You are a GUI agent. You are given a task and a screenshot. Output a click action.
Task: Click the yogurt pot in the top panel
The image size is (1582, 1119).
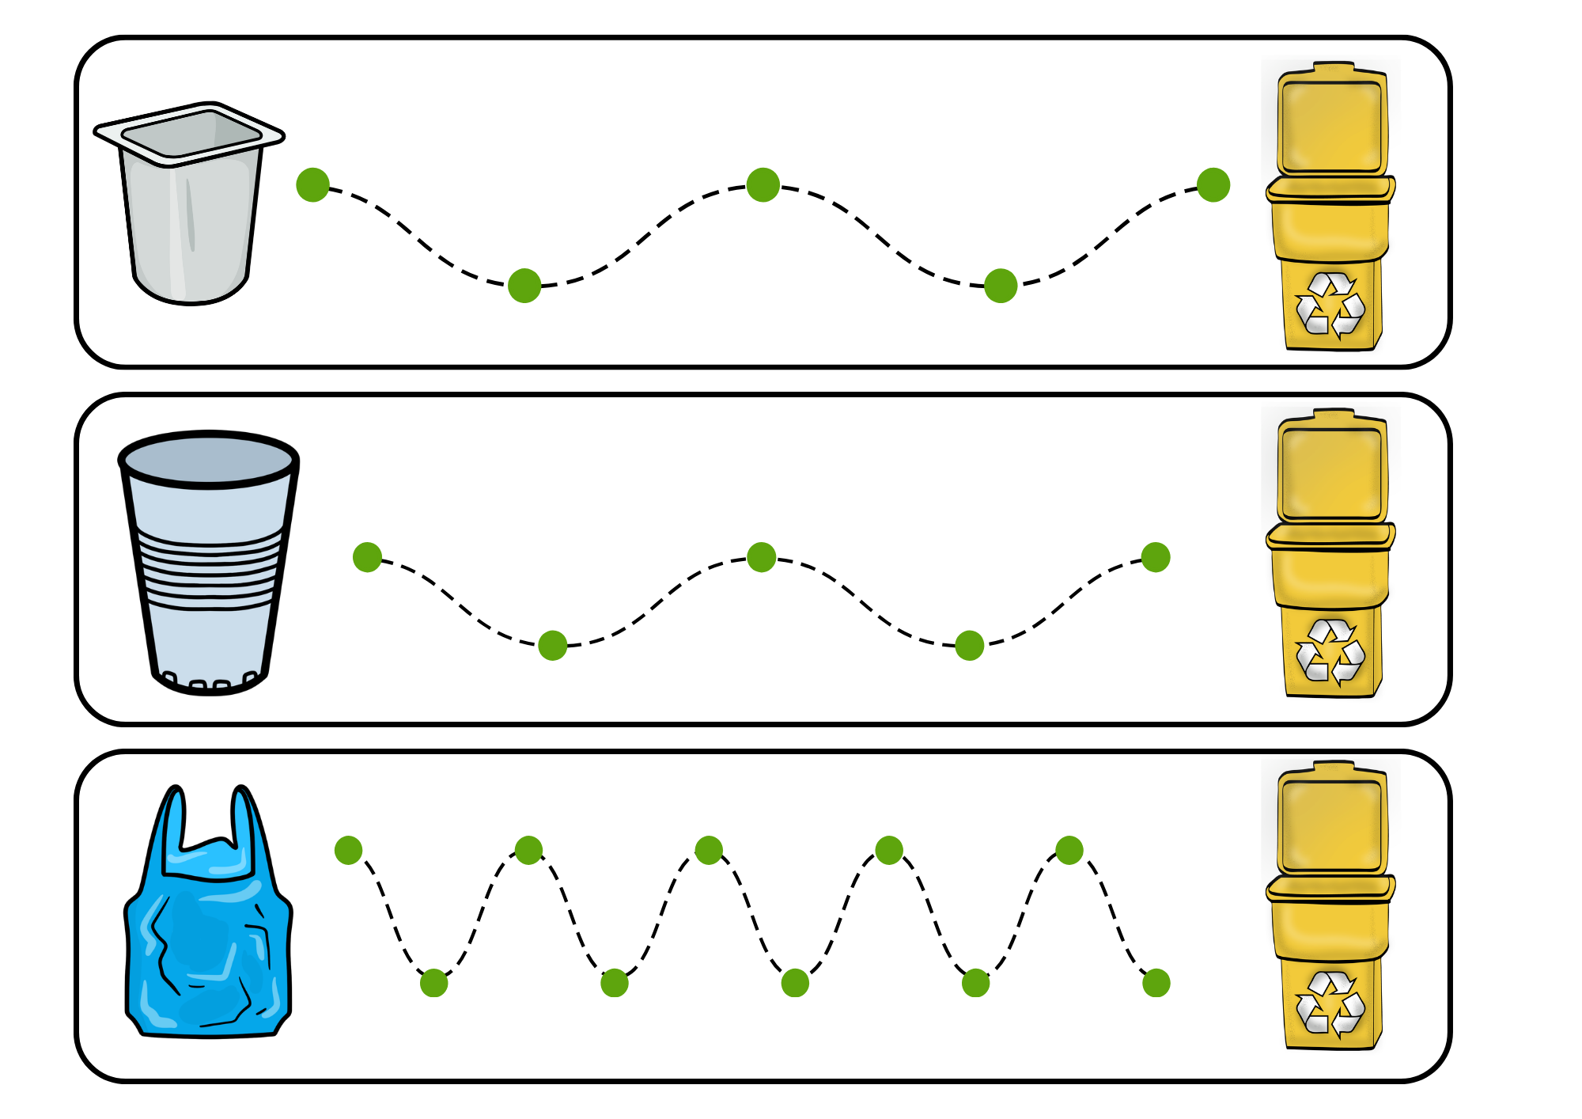190,206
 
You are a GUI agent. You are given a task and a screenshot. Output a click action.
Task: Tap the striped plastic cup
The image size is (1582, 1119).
209,562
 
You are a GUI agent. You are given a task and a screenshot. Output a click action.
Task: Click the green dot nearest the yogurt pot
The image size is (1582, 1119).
312,185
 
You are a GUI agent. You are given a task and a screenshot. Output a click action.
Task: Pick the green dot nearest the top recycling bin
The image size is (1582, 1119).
1213,185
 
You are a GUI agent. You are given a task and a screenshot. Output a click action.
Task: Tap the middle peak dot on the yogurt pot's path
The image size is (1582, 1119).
763,185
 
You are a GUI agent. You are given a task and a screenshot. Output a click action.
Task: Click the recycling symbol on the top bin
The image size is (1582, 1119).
1330,305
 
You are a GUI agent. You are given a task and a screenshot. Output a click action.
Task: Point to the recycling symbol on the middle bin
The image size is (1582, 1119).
1330,651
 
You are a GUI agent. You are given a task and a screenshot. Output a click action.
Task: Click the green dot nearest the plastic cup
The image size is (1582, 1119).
367,557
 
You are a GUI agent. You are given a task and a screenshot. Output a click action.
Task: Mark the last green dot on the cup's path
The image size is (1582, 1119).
1156,557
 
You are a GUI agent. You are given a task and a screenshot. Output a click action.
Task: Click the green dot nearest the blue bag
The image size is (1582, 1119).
348,850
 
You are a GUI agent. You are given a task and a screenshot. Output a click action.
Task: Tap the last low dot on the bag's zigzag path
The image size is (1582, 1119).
1156,983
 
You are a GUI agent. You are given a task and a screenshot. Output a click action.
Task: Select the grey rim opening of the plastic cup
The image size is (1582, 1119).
209,459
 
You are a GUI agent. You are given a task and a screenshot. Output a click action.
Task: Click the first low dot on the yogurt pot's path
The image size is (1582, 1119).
524,286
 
